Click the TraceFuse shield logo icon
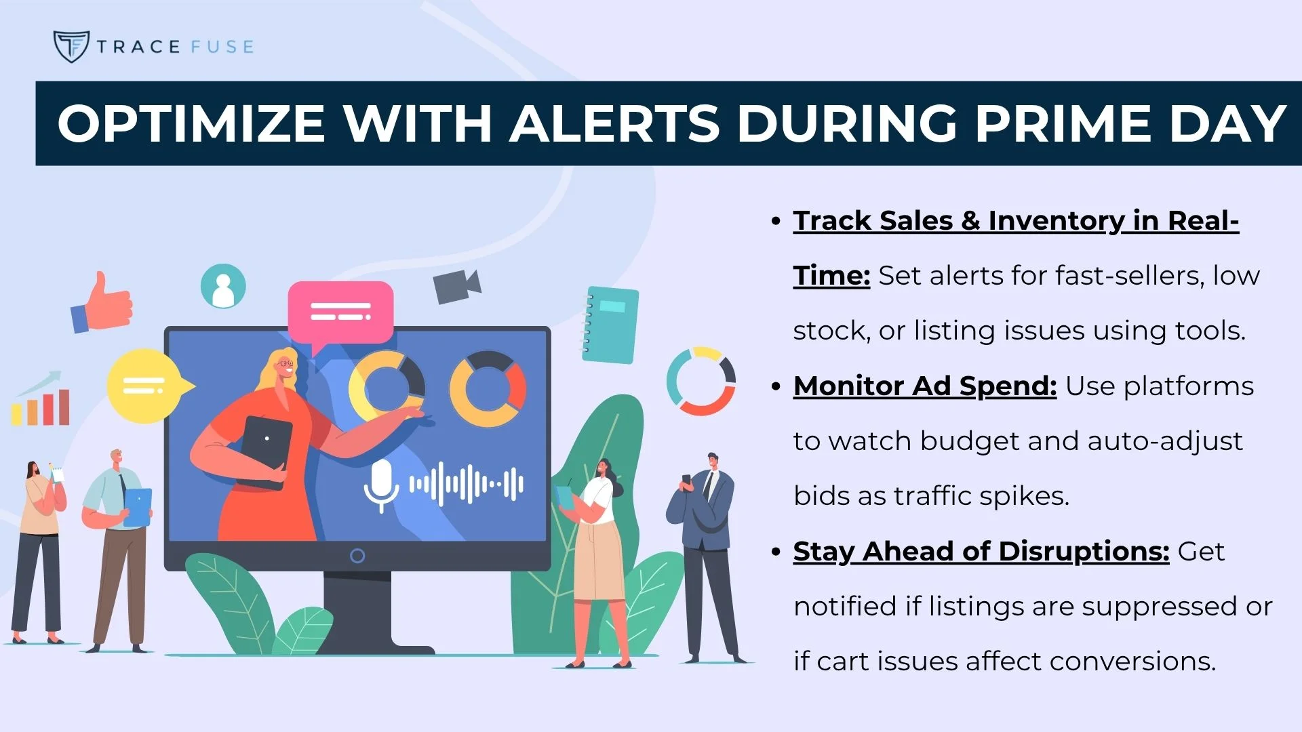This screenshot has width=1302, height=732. pyautogui.click(x=71, y=46)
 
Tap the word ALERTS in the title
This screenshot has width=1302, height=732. pyautogui.click(x=614, y=123)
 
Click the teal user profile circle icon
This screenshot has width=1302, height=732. pyautogui.click(x=223, y=286)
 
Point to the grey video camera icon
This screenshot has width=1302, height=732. pyautogui.click(x=457, y=286)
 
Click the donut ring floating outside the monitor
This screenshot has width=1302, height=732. pyautogui.click(x=701, y=381)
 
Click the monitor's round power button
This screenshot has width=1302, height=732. pyautogui.click(x=357, y=556)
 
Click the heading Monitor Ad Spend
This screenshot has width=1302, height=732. pyautogui.click(x=925, y=386)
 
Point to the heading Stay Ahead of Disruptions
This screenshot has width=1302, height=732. pyautogui.click(x=981, y=552)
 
